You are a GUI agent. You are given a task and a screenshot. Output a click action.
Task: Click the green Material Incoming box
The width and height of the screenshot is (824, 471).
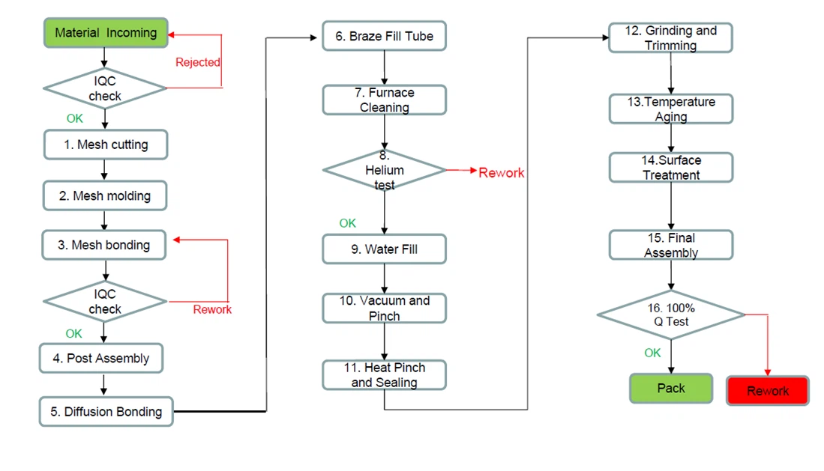click(x=106, y=34)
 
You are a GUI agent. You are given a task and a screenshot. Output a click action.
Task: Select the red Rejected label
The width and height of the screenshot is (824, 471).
click(x=197, y=62)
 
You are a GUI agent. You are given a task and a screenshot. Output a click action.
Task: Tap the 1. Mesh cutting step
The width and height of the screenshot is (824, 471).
click(x=105, y=145)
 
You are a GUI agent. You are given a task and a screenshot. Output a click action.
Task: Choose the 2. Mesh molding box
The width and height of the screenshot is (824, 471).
click(x=105, y=196)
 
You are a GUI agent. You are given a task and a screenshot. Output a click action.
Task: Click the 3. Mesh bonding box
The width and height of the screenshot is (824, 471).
click(x=105, y=245)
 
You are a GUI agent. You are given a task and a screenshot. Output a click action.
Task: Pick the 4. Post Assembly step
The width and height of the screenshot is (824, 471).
click(x=101, y=358)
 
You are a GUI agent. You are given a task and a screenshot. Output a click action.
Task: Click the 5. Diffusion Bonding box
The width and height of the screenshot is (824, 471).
click(x=106, y=411)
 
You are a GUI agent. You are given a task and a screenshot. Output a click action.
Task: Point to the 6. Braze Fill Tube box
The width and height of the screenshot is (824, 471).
click(x=384, y=36)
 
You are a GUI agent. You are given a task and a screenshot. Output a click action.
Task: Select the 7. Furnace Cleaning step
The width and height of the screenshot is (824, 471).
click(x=384, y=100)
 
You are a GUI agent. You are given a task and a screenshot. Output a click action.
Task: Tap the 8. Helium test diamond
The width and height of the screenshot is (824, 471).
click(x=384, y=171)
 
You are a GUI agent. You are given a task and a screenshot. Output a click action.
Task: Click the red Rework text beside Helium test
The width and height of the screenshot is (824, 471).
click(x=502, y=173)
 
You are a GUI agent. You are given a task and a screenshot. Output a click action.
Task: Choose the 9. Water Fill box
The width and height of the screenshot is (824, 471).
click(x=384, y=249)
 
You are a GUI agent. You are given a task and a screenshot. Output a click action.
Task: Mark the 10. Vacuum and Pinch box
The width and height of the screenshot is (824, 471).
click(x=384, y=309)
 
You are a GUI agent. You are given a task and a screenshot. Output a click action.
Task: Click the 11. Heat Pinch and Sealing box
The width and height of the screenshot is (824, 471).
click(x=384, y=375)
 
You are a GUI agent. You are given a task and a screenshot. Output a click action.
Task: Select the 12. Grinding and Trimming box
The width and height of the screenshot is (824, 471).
click(x=670, y=38)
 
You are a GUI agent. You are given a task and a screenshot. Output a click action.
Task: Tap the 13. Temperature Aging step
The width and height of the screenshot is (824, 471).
click(x=670, y=109)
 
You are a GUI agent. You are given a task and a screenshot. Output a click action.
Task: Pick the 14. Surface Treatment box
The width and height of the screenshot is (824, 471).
click(x=670, y=168)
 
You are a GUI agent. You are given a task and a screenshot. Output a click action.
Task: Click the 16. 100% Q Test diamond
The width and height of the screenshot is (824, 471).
click(x=670, y=314)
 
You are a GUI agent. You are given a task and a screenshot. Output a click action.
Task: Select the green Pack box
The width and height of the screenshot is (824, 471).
click(x=671, y=389)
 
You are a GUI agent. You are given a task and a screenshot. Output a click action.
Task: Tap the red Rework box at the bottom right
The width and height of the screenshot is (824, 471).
click(x=768, y=391)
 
